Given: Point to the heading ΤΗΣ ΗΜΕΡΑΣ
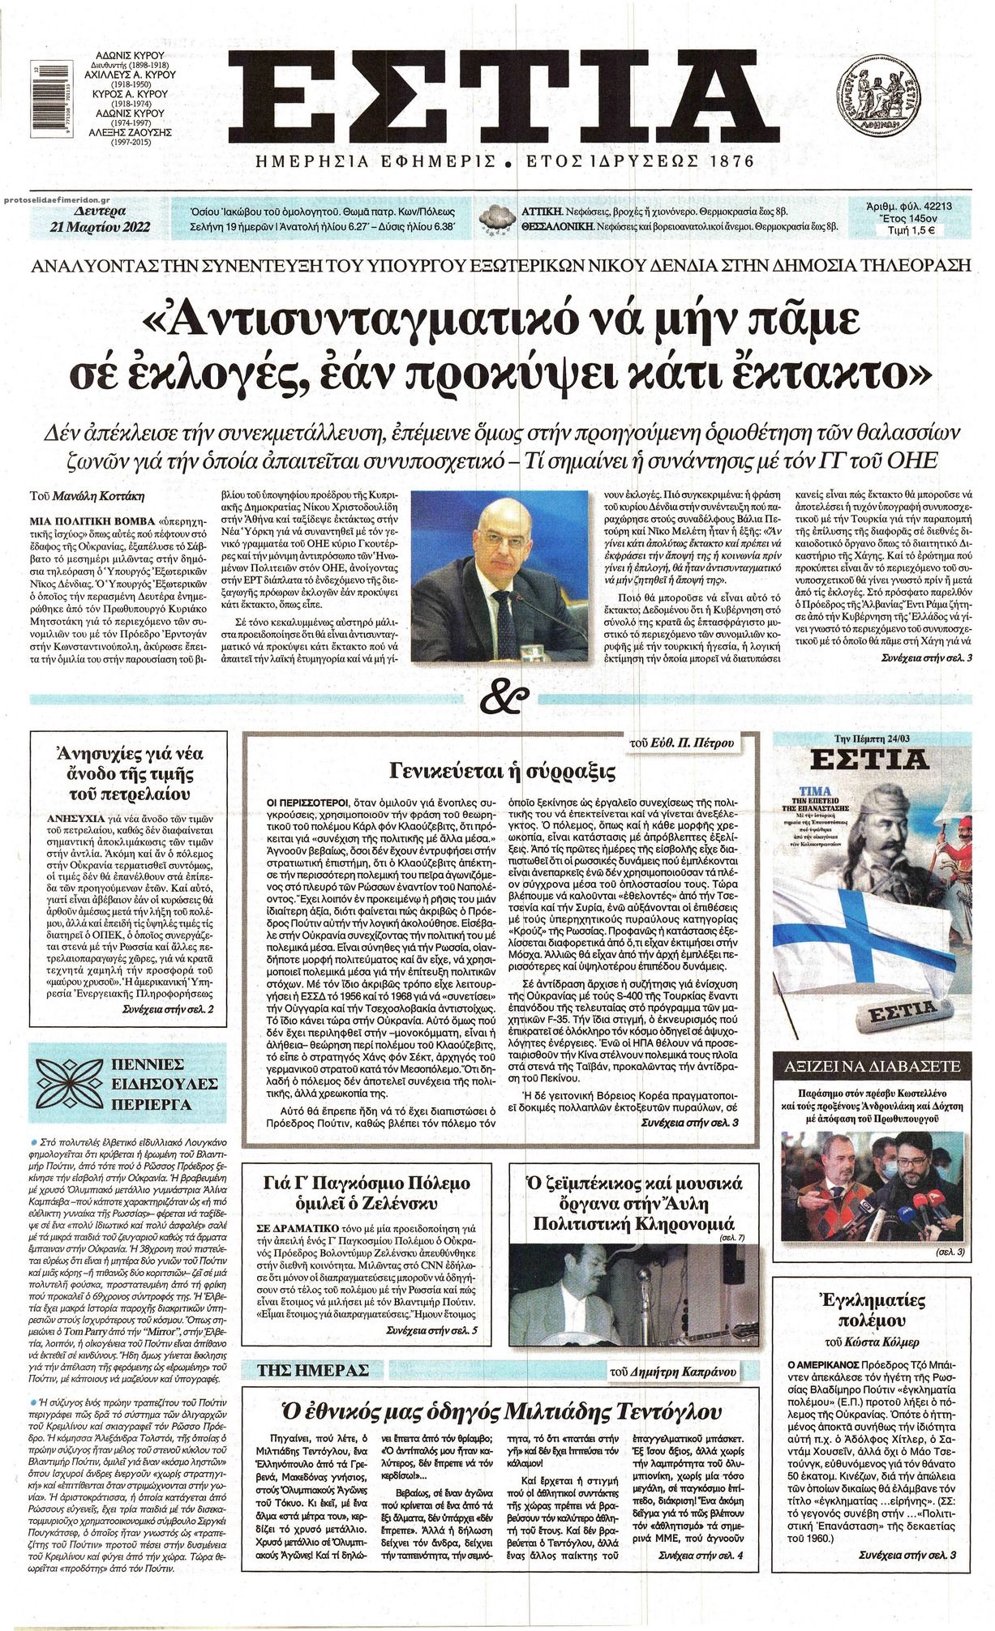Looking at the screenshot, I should tap(313, 1370).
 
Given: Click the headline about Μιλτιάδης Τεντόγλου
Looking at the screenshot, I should tap(502, 1406).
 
